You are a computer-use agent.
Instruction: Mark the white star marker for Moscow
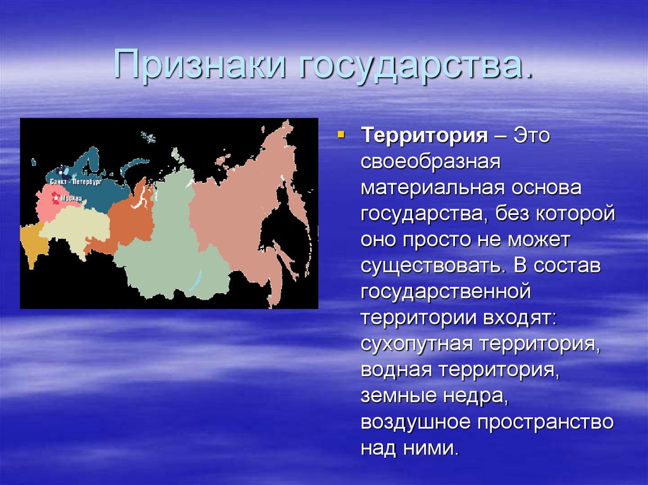(x=55, y=199)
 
